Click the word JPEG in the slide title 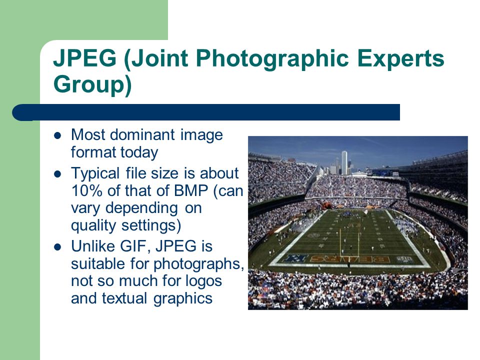85,57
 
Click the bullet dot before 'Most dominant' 57,135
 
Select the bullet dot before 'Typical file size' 57,174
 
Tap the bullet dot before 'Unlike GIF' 57,247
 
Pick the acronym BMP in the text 190,190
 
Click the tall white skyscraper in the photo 344,162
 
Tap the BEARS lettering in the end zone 350,259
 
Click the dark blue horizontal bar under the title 205,112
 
